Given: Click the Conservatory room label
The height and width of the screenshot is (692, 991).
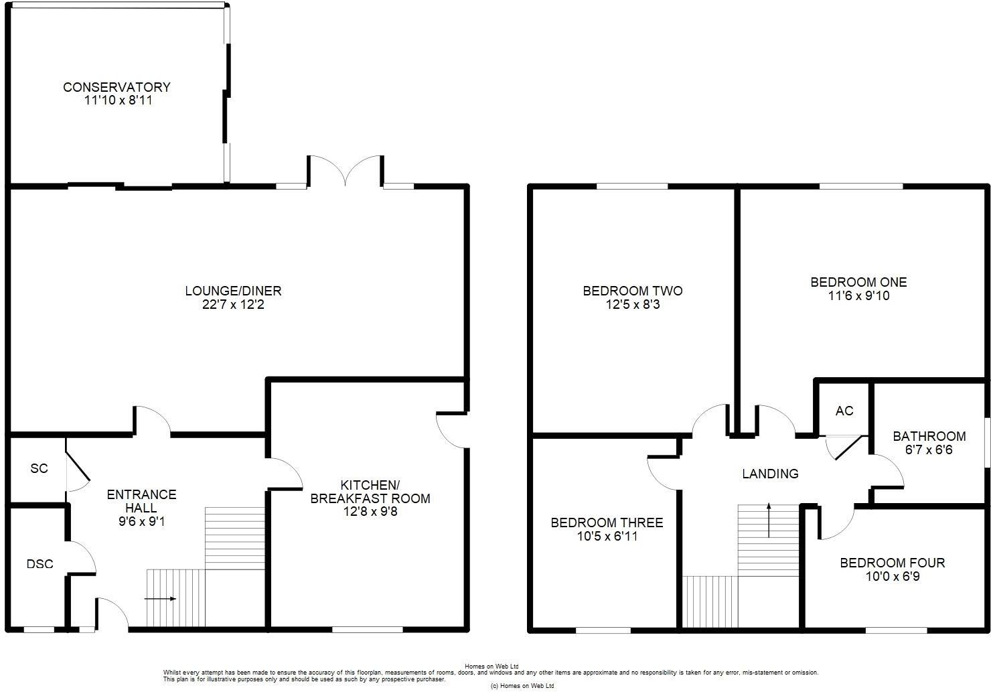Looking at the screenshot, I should [117, 87].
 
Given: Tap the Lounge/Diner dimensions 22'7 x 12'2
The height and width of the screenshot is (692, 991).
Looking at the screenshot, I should [233, 305].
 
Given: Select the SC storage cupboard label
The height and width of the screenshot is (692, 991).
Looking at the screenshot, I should [40, 468].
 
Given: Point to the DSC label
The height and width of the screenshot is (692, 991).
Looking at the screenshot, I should [40, 564].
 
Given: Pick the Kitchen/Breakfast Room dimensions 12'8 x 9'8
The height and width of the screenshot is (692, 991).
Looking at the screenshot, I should [370, 512].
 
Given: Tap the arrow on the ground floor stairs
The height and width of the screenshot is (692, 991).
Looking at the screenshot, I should [161, 598].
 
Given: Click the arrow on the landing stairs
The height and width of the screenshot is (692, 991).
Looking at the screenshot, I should [769, 519].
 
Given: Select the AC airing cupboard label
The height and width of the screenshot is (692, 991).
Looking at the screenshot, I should [844, 411].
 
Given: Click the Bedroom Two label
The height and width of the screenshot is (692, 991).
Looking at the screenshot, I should [633, 291].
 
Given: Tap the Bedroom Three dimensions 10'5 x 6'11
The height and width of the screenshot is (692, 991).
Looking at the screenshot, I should [607, 537].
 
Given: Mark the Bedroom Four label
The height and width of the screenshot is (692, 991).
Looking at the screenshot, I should [892, 563].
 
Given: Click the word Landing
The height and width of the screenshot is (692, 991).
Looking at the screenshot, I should [770, 474].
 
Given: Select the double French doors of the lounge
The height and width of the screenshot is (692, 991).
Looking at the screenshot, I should [345, 171].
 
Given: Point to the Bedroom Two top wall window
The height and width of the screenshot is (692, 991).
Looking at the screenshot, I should [632, 186].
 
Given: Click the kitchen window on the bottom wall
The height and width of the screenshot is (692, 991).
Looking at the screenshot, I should [368, 629].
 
